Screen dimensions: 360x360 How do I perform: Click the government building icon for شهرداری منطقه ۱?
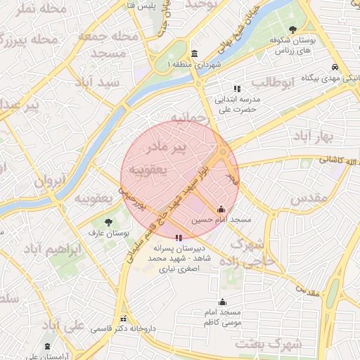195,54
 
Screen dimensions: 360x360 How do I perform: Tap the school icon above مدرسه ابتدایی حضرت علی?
237,89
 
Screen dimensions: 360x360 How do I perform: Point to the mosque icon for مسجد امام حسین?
221,209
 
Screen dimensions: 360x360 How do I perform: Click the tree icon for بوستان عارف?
108,222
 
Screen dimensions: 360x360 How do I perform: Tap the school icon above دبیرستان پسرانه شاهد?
179,238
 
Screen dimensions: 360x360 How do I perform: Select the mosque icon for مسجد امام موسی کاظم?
222,302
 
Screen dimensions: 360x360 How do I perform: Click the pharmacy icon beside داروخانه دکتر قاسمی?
124,319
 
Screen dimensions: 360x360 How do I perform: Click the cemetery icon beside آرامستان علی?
47,347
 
